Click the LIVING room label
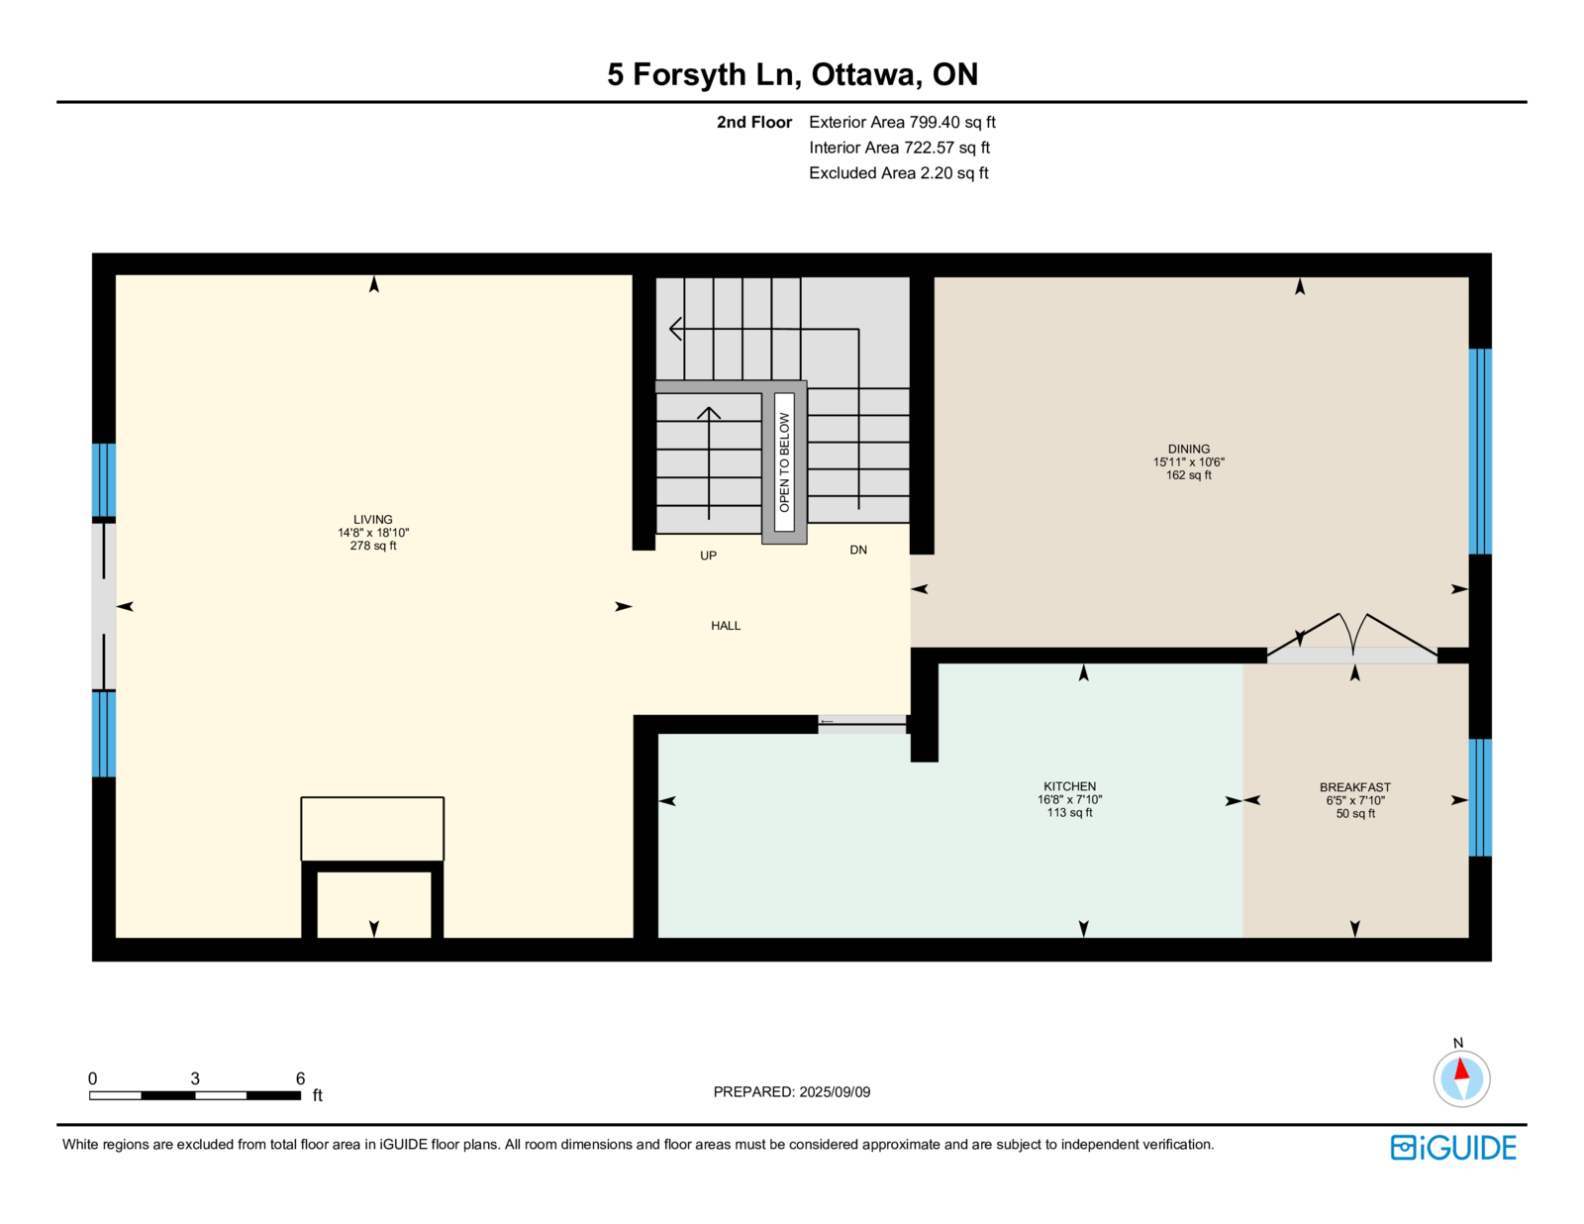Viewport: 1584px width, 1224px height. [372, 520]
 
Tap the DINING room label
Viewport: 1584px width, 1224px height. [1188, 449]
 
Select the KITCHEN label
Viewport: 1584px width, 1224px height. [1069, 786]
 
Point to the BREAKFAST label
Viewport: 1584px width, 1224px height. [1355, 787]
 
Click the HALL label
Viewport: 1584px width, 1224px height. [726, 626]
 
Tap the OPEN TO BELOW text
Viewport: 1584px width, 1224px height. [784, 462]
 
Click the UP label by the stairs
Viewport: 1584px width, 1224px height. [708, 556]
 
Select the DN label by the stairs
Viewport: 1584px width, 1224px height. [858, 550]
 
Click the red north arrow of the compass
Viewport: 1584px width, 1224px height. [1461, 1070]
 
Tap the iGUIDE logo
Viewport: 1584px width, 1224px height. [1452, 1148]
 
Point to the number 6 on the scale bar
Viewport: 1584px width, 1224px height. [300, 1078]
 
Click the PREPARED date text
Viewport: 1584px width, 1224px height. [792, 1092]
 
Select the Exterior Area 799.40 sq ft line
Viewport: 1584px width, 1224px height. [902, 123]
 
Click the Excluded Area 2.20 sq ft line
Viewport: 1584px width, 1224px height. [898, 173]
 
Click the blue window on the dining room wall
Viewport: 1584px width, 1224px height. [1480, 452]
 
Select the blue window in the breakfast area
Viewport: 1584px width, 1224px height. [1480, 797]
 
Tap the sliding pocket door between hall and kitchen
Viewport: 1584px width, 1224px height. [863, 724]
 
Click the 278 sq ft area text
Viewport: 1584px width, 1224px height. [372, 546]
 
